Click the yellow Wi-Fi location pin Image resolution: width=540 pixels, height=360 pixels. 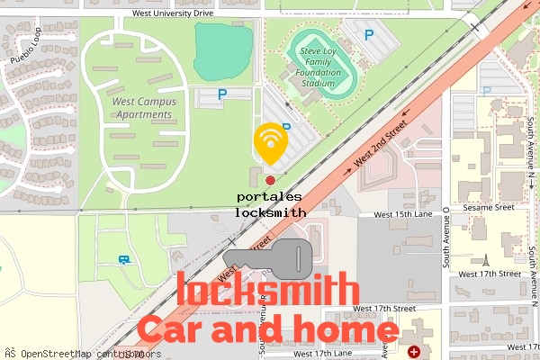[270, 142]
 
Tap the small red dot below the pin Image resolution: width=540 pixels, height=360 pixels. [270, 180]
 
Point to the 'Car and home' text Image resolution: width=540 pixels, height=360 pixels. [267, 331]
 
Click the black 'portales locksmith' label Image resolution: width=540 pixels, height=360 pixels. [270, 204]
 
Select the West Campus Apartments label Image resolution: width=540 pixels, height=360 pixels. [144, 108]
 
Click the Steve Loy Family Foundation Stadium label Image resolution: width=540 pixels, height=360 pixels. [324, 65]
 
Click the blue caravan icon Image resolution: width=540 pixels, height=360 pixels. [123, 260]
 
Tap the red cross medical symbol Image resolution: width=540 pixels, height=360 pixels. [414, 351]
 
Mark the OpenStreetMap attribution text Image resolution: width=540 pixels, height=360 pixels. [76, 354]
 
